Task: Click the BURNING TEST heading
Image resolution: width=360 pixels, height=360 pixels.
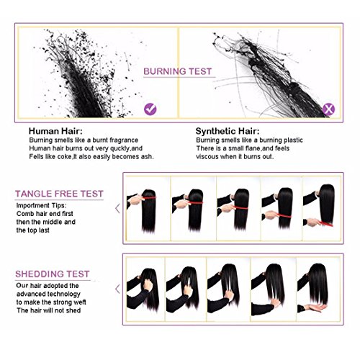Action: (179, 73)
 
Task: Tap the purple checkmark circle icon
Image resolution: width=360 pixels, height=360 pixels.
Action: (150, 109)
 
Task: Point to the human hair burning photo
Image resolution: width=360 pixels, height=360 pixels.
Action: (90, 68)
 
